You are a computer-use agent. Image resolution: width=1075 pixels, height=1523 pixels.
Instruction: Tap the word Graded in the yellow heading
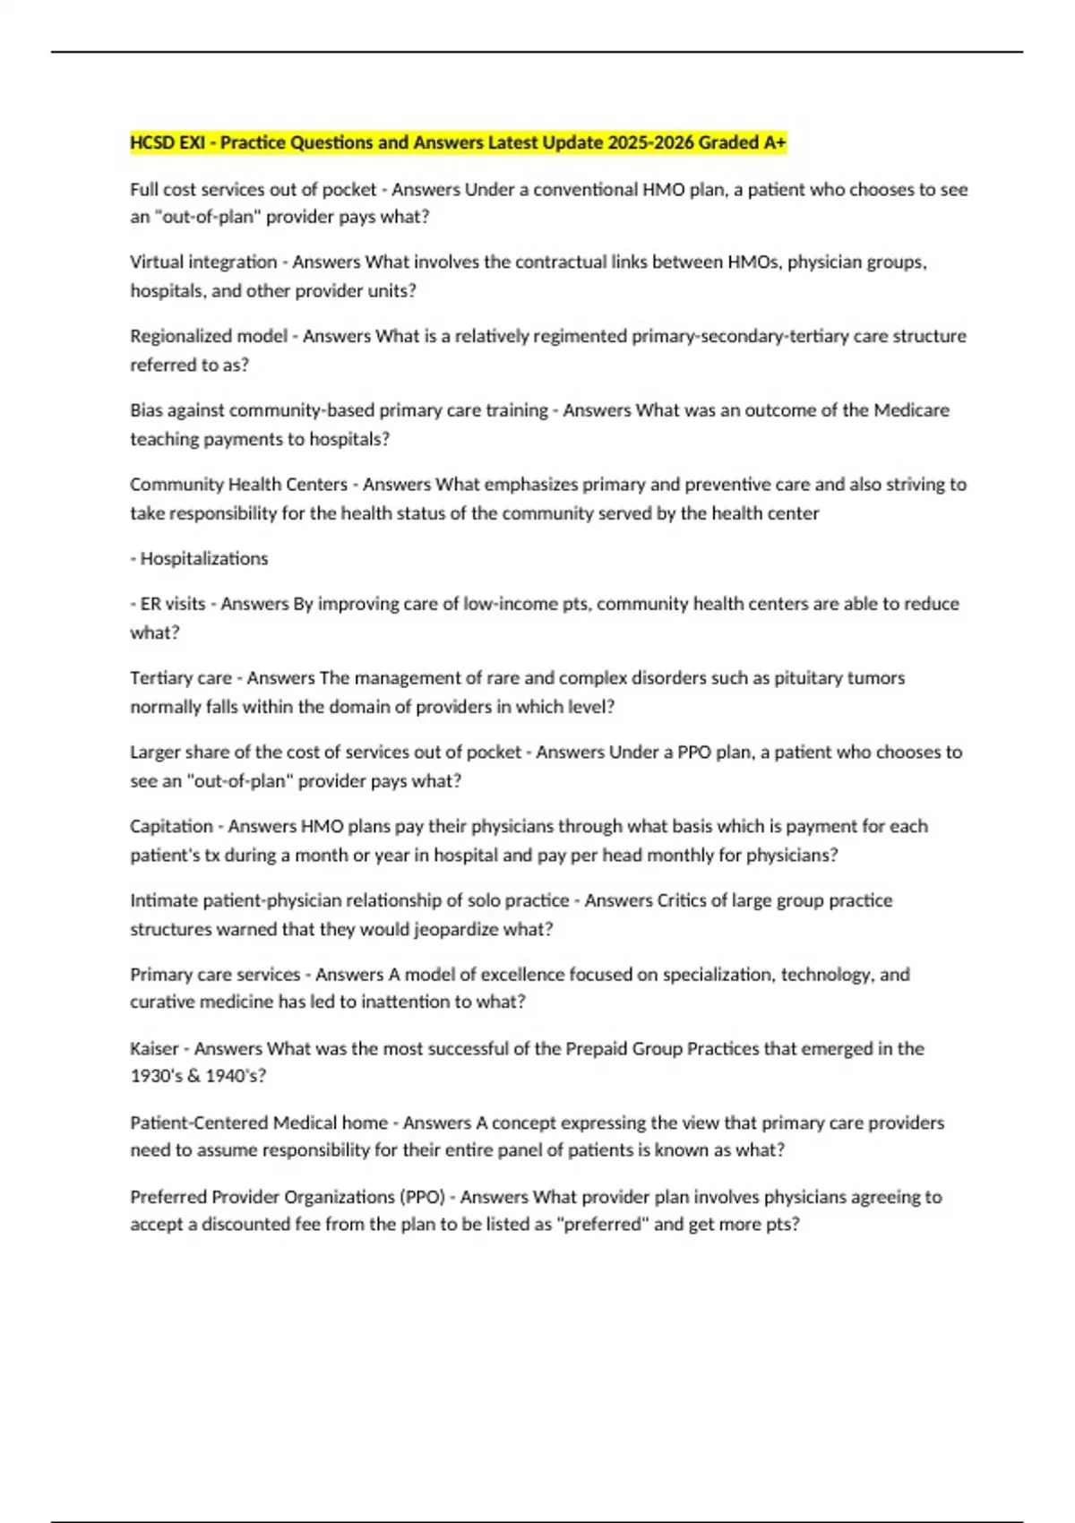click(x=728, y=142)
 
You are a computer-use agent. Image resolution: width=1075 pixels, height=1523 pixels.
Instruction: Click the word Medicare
click(x=911, y=410)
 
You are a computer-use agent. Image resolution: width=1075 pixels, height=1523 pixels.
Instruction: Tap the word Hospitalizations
click(x=204, y=559)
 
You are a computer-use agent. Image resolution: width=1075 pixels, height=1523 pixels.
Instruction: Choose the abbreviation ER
click(x=150, y=604)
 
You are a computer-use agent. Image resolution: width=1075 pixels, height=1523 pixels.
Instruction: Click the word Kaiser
click(x=154, y=1049)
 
